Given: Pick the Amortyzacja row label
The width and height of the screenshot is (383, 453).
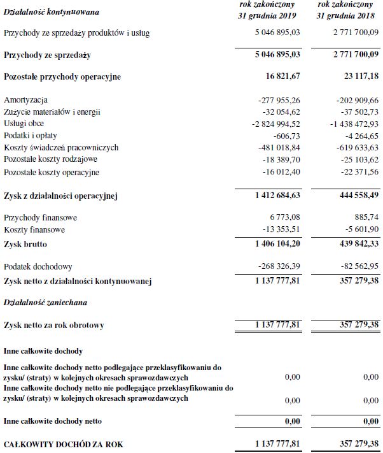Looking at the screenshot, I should [25, 100].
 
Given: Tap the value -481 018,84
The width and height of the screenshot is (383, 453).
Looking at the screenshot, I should [275, 148].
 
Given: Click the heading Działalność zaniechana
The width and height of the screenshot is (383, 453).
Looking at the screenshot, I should [45, 302].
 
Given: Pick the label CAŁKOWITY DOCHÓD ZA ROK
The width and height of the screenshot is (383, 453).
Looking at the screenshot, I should [62, 442].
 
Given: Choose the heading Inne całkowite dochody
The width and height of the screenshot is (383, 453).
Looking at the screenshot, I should [43, 350].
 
